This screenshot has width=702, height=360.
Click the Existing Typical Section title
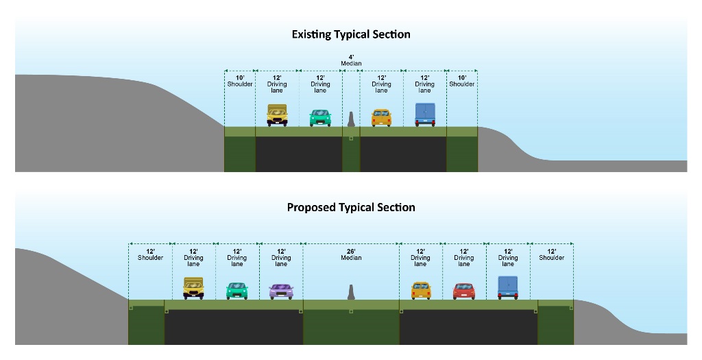pyautogui.click(x=351, y=34)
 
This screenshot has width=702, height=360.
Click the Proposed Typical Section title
pyautogui.click(x=351, y=207)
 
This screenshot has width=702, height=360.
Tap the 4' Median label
pyautogui.click(x=351, y=60)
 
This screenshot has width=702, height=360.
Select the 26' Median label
pyautogui.click(x=351, y=255)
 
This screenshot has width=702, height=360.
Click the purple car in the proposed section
pyautogui.click(x=281, y=291)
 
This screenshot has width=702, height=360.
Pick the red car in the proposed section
pyautogui.click(x=464, y=291)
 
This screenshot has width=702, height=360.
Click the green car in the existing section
pyautogui.click(x=320, y=118)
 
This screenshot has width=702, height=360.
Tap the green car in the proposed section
pyautogui.click(x=237, y=291)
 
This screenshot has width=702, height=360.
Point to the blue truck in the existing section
pyautogui.click(x=425, y=115)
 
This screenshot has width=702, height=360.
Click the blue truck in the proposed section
pyautogui.click(x=508, y=287)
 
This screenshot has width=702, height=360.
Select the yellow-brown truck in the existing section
pyautogui.click(x=277, y=115)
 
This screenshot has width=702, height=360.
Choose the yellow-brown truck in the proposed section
pyautogui.click(x=193, y=289)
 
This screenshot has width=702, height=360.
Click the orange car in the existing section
pyautogui.click(x=381, y=118)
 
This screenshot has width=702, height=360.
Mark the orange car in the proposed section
pyautogui.click(x=421, y=291)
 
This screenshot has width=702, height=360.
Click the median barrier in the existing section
pyautogui.click(x=351, y=119)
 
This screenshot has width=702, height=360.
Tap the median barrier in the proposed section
pyautogui.click(x=351, y=292)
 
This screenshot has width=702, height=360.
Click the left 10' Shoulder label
pyautogui.click(x=240, y=81)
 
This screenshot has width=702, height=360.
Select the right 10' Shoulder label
pyautogui.click(x=462, y=81)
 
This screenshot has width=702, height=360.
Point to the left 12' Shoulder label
pyautogui.click(x=150, y=255)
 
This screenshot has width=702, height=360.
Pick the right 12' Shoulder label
pyautogui.click(x=552, y=255)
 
